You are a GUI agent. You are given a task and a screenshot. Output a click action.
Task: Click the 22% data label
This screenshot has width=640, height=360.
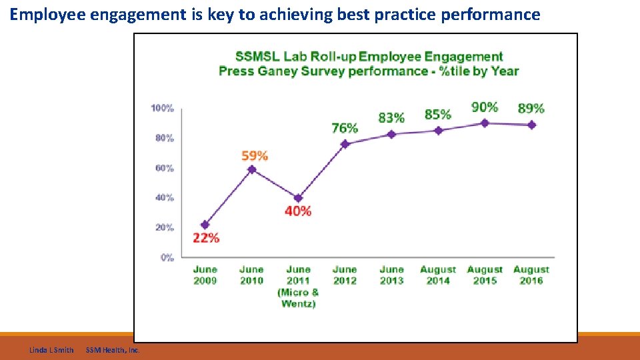206,238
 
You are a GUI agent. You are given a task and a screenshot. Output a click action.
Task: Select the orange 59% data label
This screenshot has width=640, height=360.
255,156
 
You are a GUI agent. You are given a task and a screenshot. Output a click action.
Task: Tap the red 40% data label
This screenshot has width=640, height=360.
298,211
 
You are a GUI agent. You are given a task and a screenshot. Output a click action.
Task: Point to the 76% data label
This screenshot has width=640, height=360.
345,128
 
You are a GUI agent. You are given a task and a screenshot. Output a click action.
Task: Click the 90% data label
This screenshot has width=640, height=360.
485,107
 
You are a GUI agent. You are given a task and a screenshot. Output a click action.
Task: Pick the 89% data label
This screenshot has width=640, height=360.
531,108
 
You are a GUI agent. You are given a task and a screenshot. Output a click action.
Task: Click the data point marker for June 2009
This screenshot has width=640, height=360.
205,225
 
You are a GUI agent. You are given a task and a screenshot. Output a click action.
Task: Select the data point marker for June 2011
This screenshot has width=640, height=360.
298,198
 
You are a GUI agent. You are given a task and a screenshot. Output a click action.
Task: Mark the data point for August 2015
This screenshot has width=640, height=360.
485,123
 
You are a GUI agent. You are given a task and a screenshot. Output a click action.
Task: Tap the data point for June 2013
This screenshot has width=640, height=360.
391,134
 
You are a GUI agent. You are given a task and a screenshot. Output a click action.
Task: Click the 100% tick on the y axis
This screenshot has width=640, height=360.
163,108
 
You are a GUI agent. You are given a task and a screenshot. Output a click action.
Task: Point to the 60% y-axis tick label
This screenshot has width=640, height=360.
165,168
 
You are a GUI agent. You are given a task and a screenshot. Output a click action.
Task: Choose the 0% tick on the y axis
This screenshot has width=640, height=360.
167,257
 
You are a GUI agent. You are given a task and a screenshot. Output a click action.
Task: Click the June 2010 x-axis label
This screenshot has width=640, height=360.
251,275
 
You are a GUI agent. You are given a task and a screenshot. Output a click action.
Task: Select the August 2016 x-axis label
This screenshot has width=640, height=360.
531,275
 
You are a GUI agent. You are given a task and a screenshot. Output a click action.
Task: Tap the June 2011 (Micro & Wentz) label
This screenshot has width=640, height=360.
298,287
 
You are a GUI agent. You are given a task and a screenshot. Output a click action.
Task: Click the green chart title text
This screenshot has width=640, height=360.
369,64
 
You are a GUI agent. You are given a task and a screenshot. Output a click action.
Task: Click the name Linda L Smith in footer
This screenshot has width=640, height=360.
51,350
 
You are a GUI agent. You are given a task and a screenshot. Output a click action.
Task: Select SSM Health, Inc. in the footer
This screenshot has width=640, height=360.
113,350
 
